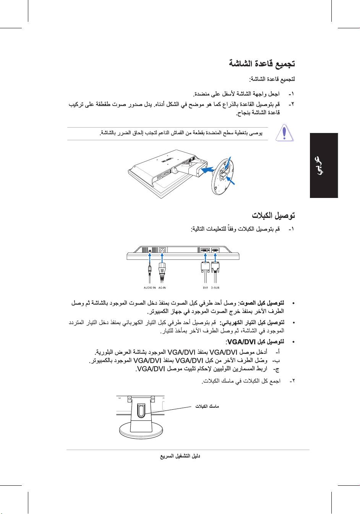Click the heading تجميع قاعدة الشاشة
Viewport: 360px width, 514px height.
262,63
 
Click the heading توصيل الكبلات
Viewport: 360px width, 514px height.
273,215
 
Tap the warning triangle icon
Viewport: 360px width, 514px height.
285,133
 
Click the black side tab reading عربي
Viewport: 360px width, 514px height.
324,165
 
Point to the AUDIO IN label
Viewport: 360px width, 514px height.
149,287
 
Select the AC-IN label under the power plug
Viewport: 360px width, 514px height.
162,287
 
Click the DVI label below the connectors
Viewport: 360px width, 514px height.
205,287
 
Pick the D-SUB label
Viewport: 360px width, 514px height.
215,287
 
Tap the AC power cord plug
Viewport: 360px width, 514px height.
162,269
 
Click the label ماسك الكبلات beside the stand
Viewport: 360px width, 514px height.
208,406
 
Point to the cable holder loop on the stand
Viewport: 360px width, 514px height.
140,411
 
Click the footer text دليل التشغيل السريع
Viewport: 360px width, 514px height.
180,456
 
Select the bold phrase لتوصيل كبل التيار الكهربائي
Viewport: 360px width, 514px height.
252,322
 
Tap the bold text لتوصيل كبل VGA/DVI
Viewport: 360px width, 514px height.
255,341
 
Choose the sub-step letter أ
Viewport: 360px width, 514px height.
277,351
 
